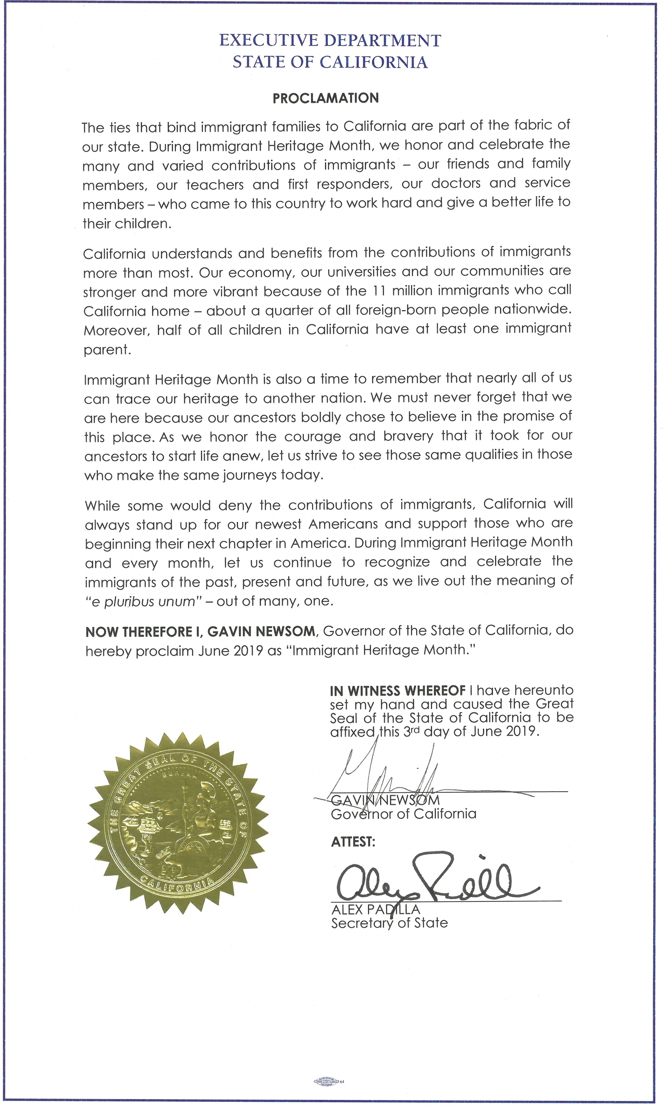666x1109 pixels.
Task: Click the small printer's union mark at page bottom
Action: (326, 1081)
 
